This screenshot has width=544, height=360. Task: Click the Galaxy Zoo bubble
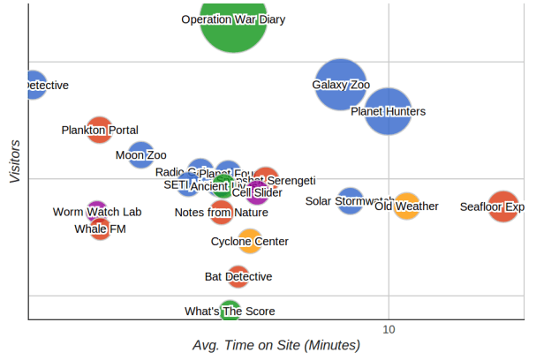point(341,86)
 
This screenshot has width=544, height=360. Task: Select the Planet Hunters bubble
point(389,111)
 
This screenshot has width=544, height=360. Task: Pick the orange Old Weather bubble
point(406,206)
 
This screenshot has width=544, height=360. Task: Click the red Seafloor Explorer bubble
point(503,206)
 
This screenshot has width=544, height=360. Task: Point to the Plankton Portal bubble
point(100,131)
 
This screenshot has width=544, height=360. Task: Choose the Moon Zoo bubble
point(140,155)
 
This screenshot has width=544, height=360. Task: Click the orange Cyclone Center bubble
point(250,241)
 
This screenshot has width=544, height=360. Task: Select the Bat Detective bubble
point(238,276)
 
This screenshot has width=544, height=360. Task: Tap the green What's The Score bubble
point(230,311)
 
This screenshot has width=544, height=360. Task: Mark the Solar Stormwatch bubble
point(351,200)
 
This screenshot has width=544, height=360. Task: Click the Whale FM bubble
point(100,229)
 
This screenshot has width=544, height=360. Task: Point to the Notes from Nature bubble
point(222,212)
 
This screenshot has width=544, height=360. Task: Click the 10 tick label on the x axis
point(388,329)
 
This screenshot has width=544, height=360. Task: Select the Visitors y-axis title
point(15,160)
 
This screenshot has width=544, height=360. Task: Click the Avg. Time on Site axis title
point(276,345)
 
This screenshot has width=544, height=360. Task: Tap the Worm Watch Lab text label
point(97,212)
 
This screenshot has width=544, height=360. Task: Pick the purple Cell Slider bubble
point(257,192)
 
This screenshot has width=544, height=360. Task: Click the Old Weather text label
point(406,206)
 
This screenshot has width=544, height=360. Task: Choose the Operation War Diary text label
point(233,19)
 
